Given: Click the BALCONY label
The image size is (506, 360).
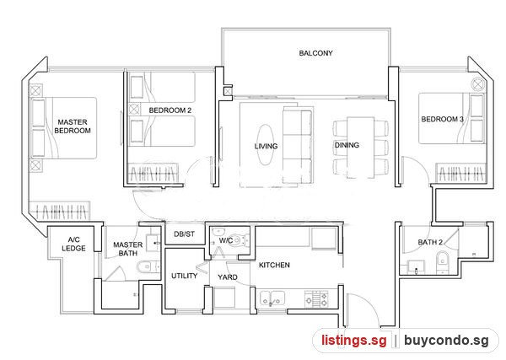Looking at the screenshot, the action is pyautogui.click(x=315, y=53).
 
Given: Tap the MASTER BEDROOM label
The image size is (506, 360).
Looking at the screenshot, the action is pyautogui.click(x=73, y=126).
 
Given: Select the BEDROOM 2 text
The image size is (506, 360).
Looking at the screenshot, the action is pyautogui.click(x=170, y=110).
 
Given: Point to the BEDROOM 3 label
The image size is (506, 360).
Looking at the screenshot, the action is pyautogui.click(x=442, y=119).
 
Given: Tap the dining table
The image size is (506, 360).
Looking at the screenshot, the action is pyautogui.click(x=360, y=148).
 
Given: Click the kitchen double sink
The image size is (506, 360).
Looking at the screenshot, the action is pyautogui.click(x=272, y=298).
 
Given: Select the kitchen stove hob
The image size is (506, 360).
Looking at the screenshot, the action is pyautogui.click(x=316, y=298).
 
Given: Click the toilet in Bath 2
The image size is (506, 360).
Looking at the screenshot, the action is pyautogui.click(x=442, y=262).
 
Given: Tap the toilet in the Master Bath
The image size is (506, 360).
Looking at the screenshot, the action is pyautogui.click(x=148, y=266).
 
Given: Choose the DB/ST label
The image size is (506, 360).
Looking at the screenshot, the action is pyautogui.click(x=184, y=234).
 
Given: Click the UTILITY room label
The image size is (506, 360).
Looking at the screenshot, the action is pyautogui.click(x=184, y=276).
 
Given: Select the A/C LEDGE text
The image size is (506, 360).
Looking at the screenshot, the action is pyautogui.click(x=73, y=244).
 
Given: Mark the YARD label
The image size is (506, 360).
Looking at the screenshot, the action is pyautogui.click(x=228, y=277).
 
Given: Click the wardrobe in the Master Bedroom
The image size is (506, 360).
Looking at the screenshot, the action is pyautogui.click(x=59, y=211).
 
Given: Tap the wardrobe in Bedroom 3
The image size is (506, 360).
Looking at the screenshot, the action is pyautogui.click(x=460, y=173).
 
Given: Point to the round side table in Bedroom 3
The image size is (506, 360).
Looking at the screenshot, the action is pyautogui.click(x=477, y=84).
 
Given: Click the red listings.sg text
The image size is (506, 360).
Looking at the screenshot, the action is pyautogui.click(x=353, y=341).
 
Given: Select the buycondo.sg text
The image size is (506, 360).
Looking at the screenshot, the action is pyautogui.click(x=446, y=341).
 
